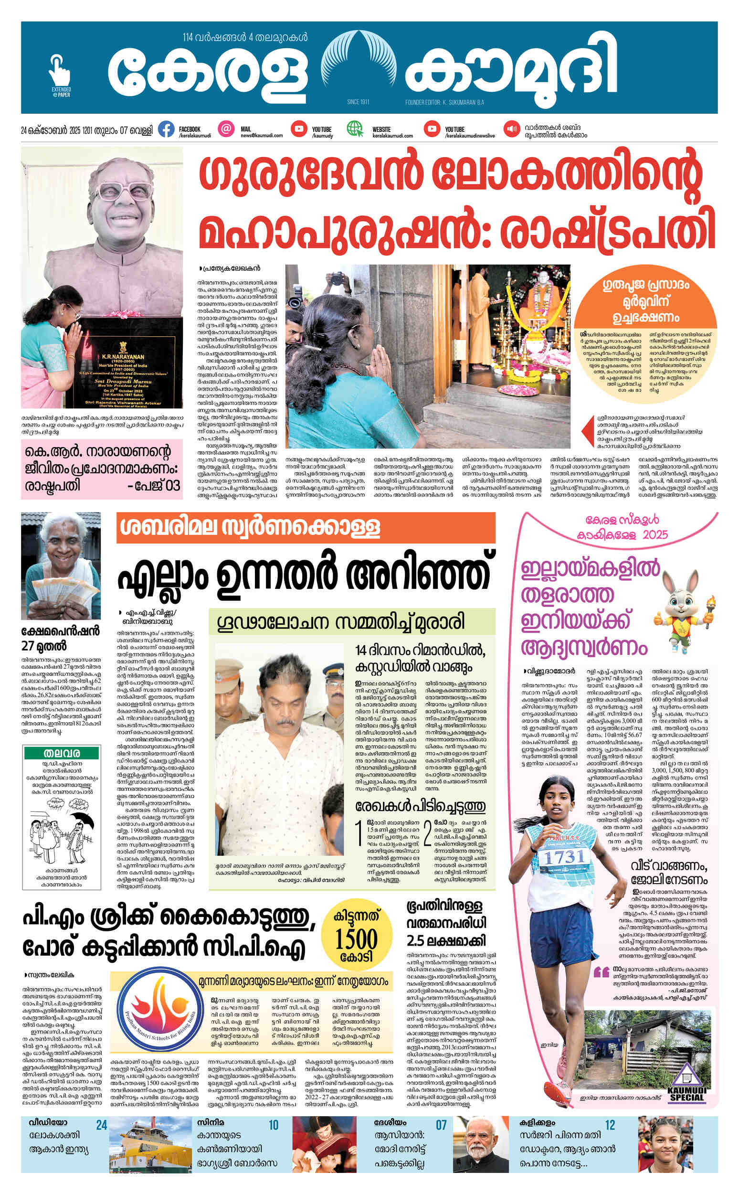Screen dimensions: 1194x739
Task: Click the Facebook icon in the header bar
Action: click(166, 129)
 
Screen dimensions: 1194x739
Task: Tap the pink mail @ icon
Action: click(225, 129)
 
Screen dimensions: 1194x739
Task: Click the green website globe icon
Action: click(355, 129)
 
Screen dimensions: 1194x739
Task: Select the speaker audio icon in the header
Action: click(512, 129)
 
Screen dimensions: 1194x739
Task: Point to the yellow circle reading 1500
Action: click(356, 938)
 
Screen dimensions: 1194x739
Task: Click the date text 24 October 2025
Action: click(86, 130)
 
